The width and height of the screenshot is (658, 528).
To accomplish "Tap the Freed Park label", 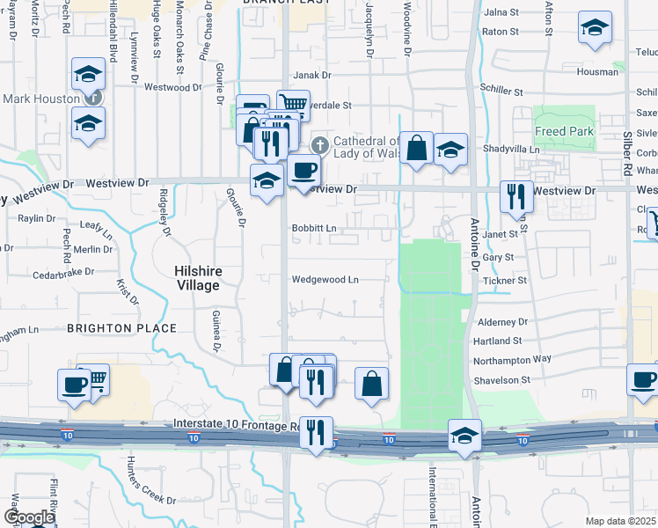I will click(x=565, y=132).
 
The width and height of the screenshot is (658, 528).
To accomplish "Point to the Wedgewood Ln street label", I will click(x=325, y=280).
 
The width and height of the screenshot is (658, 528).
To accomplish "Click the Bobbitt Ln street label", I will click(x=314, y=228).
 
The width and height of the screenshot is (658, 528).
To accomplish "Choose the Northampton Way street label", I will click(x=513, y=359).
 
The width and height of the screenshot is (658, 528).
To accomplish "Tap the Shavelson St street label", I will click(x=501, y=380).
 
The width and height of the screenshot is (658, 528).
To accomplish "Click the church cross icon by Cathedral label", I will click(x=322, y=143).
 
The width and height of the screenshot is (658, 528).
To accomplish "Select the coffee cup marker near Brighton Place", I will click(x=74, y=384).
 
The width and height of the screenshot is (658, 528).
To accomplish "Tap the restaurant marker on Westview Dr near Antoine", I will click(x=515, y=196).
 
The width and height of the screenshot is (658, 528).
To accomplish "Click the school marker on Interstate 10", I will click(x=464, y=435).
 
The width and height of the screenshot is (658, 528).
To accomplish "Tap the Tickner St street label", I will click(x=503, y=281).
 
